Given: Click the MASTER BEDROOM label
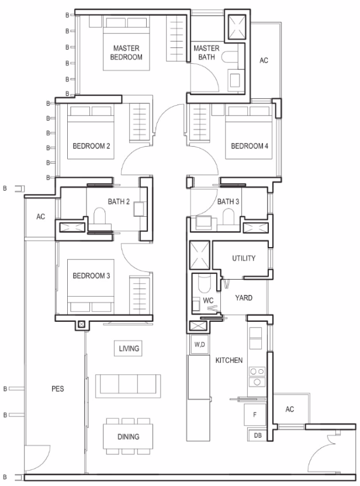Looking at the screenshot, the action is point(126,53).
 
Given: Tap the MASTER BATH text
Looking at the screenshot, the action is point(206,53).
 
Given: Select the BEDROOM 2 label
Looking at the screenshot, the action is point(91,146).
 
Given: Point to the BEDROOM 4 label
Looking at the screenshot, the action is point(250,146).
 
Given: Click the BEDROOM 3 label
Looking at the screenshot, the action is point(91,276).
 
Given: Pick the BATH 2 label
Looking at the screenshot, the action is point(119,202).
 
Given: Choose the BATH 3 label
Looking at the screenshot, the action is point(228,202).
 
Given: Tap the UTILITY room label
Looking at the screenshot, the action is point(244,258).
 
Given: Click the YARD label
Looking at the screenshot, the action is point(244,298).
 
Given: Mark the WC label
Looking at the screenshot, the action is point(208,300).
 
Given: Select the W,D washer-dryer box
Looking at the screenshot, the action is point(199,345).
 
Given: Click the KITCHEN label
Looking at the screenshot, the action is point(229,360).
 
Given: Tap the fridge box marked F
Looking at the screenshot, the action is point(255,414).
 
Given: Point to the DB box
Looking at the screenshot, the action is point(257,435).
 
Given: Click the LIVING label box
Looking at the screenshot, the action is point(129,348).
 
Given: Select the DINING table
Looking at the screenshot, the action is point(128,436).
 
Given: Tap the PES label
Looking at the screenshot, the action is point(58,388).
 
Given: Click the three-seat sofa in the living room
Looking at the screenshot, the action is point(128,386).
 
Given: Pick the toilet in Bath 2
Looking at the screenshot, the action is point(100,216).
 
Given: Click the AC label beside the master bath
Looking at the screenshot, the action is point(264,60).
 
